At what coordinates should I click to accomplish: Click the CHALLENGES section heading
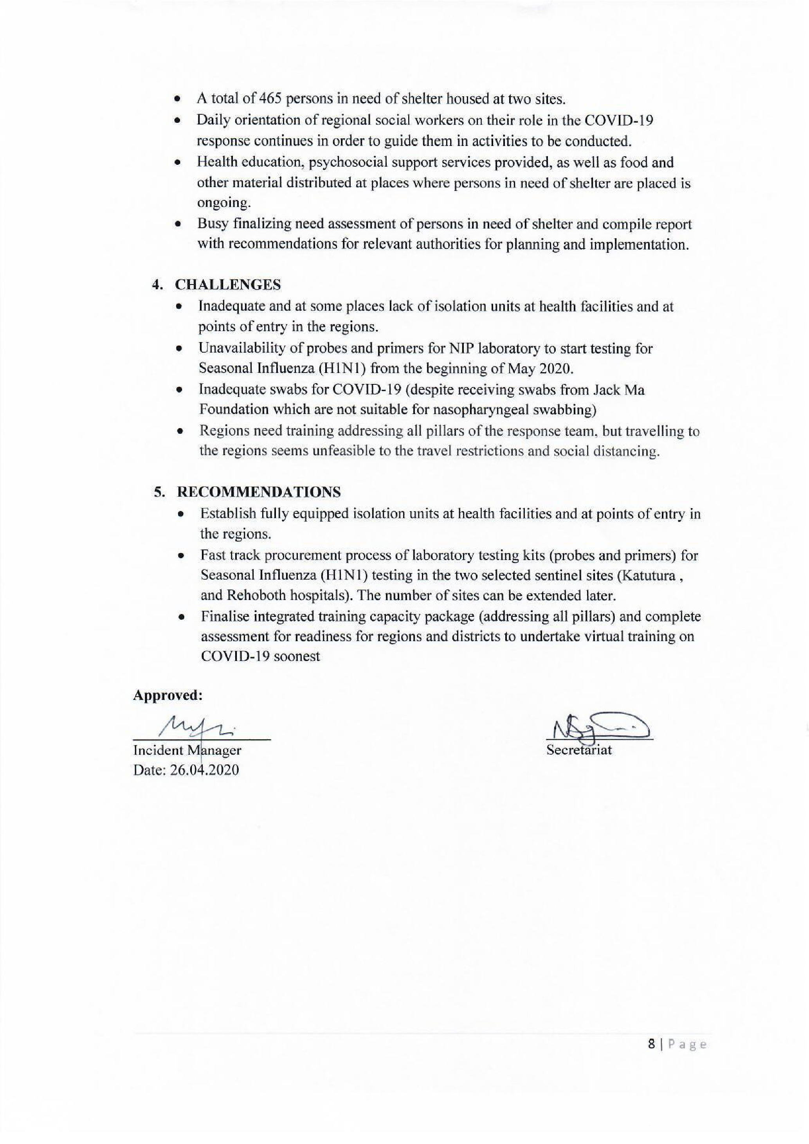(x=228, y=285)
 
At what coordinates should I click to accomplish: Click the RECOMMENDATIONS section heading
(x=259, y=492)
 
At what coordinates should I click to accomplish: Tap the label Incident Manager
(x=187, y=750)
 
